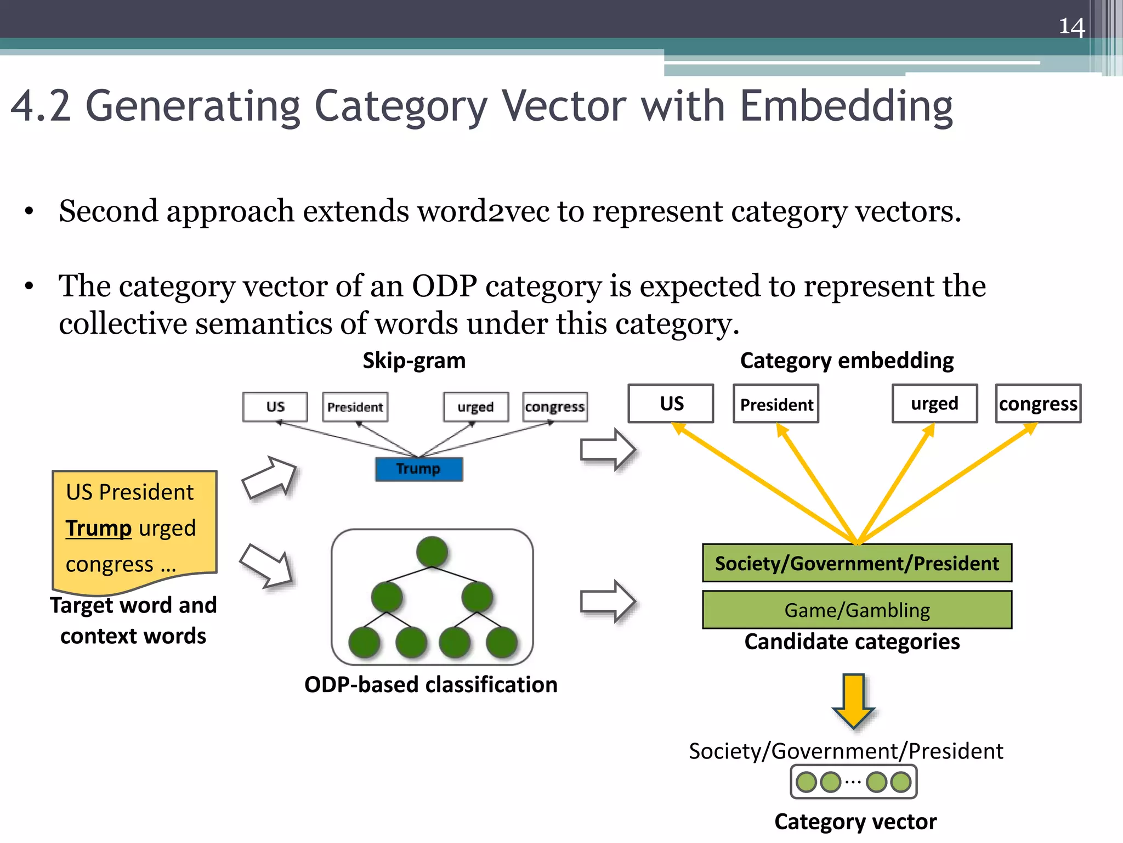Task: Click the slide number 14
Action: coord(1071,26)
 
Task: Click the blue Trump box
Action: coord(418,469)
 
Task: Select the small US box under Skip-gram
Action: coord(275,407)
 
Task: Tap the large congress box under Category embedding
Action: coord(1038,404)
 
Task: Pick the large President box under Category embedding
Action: coord(776,404)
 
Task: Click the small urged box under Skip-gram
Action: coord(475,407)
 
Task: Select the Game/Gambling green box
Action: coord(857,610)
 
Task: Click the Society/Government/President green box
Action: coord(857,563)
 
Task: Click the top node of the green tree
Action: coord(432,552)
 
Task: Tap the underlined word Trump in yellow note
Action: coord(99,528)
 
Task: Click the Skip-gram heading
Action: coord(414,361)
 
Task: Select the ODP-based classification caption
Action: coord(431,684)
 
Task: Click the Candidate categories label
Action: coord(852,642)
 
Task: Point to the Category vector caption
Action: coord(855,822)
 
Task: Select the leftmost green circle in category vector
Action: coord(807,782)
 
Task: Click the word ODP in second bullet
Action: coord(444,286)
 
